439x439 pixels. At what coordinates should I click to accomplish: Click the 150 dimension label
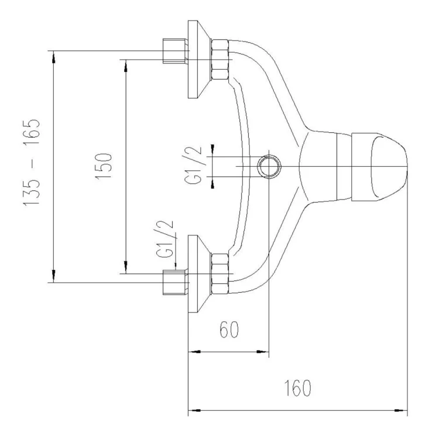coord(104,166)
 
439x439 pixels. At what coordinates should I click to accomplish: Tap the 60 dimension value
coord(229,329)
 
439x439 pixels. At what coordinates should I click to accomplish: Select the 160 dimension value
coord(297,387)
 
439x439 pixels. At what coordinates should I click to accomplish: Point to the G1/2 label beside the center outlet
coord(193,165)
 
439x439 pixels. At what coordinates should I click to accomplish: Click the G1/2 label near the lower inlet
coord(164,239)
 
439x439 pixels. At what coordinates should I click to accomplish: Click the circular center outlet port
coord(269,167)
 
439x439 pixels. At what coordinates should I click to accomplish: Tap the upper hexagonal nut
coord(220,60)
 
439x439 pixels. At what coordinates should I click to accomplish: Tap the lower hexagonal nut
coord(220,273)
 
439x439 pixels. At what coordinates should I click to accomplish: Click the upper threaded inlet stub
coord(174,51)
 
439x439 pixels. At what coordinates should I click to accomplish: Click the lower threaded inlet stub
coord(174,282)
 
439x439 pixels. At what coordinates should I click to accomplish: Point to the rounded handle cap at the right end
coord(380,167)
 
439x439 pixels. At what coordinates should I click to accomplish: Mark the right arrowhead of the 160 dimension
coord(401,410)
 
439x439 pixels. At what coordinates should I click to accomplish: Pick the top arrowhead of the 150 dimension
coord(126,66)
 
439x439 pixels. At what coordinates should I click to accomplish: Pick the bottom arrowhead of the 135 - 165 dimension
coord(54,276)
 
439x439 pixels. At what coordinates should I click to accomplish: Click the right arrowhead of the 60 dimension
coord(263,351)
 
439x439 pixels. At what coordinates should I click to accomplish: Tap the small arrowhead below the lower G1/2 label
coord(176,266)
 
